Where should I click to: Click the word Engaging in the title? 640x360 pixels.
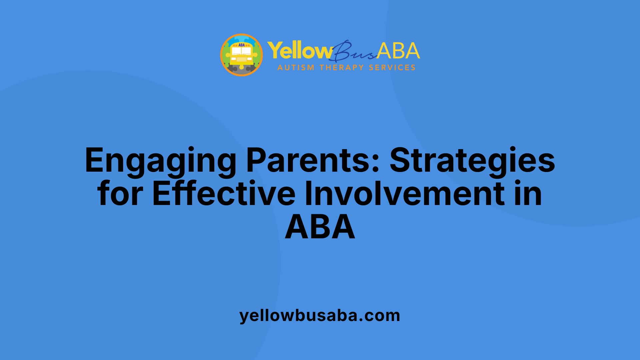coord(160,161)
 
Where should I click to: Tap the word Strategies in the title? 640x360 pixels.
coord(472,161)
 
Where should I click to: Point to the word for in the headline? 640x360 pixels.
coord(120,193)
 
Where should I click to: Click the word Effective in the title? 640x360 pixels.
coord(224,193)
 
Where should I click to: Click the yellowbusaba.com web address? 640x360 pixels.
coord(320,315)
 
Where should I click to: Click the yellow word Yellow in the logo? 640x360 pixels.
coord(300,51)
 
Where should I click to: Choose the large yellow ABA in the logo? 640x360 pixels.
coord(398,51)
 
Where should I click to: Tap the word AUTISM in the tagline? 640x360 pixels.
coord(296,68)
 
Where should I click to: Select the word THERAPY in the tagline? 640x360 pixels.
coord(342,68)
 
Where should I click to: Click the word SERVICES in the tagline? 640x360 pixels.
coord(392,68)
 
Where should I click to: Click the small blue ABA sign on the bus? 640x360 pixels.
coord(242,45)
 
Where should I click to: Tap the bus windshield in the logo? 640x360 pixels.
coord(242,51)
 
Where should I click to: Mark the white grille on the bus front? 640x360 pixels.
coord(242,59)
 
